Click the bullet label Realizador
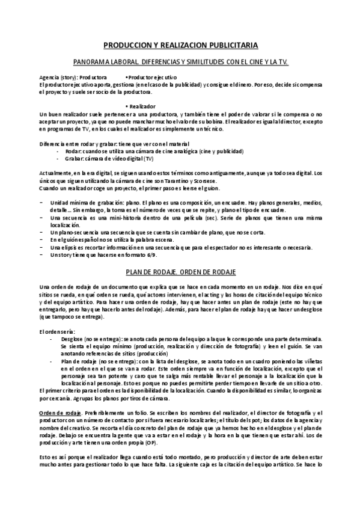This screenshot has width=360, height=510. point(142,105)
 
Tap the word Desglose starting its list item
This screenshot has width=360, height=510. point(72,340)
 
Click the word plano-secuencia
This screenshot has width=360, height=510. point(71,232)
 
